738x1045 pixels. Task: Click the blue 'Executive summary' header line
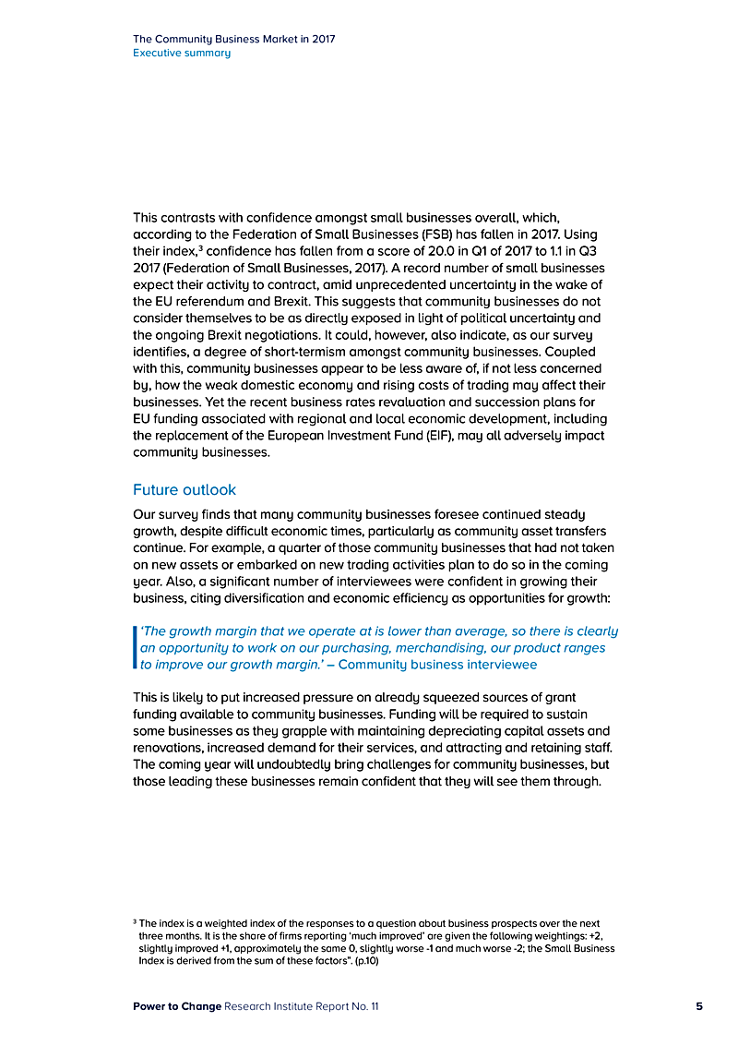click(182, 53)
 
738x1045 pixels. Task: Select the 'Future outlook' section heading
click(184, 489)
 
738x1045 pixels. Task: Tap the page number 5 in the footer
click(699, 1006)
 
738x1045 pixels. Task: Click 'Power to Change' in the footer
click(177, 1006)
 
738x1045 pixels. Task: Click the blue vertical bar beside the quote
click(136, 647)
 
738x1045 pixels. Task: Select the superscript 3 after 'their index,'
click(174, 247)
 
